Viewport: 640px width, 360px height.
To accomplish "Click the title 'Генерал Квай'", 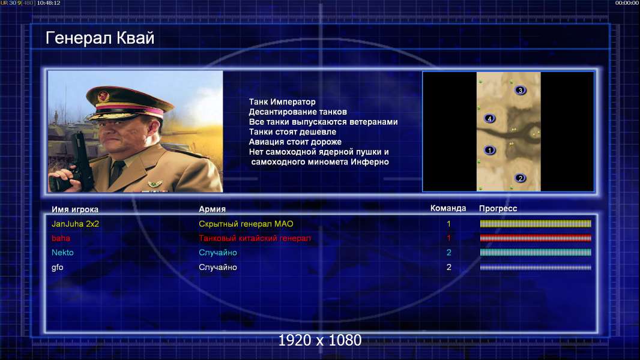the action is (100, 38).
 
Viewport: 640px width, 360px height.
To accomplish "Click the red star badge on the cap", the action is (103, 97).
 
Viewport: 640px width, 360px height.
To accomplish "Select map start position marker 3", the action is (520, 90).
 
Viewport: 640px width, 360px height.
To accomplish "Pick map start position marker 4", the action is (489, 119).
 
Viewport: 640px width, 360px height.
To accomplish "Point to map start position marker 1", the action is (489, 151).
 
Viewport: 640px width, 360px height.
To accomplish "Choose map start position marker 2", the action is (520, 178).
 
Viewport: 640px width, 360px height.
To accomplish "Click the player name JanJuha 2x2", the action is (76, 224).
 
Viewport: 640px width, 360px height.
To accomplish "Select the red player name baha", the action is (61, 238).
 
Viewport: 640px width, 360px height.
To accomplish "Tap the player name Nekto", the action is (62, 253).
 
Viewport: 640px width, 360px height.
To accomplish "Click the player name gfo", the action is (58, 268).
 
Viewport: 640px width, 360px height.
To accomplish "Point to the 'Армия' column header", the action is (213, 209).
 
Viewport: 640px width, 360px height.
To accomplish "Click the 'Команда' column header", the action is (448, 208).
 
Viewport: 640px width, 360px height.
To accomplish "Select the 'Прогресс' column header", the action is (498, 209).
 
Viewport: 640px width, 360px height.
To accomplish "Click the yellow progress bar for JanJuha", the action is (536, 224).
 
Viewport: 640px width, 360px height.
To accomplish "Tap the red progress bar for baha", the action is (536, 238).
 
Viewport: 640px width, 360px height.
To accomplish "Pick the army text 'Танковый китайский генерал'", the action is (255, 238).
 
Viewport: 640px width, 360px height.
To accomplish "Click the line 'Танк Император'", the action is (282, 102).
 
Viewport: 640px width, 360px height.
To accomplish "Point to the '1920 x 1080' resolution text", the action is (320, 340).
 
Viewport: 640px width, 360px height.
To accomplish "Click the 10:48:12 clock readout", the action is (49, 3).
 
